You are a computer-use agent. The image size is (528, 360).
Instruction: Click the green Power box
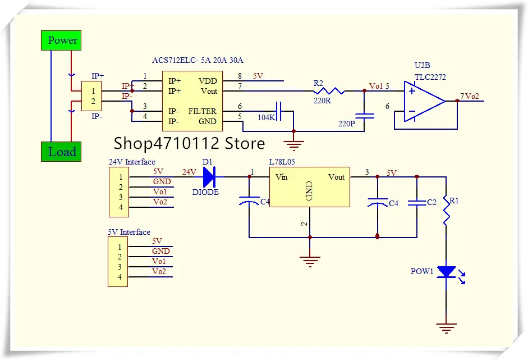click(x=62, y=40)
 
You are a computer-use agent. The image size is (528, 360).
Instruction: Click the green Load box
click(x=62, y=152)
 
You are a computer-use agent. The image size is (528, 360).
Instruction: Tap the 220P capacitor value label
click(x=347, y=123)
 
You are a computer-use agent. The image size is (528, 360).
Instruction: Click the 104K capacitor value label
click(x=267, y=118)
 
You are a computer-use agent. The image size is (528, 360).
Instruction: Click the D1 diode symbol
click(x=209, y=177)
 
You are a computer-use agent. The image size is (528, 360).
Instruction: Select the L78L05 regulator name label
click(x=282, y=162)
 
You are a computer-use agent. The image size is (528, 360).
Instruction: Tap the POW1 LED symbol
click(x=447, y=272)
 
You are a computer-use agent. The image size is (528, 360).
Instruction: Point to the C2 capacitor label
click(x=431, y=202)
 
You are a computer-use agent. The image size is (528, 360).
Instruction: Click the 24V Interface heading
click(x=132, y=162)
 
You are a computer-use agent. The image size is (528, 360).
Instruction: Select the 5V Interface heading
click(x=129, y=232)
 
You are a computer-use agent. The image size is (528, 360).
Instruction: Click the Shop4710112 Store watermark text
click(x=189, y=144)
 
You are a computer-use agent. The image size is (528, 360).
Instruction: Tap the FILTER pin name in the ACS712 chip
click(x=202, y=111)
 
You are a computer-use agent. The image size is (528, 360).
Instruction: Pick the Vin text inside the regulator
click(x=282, y=177)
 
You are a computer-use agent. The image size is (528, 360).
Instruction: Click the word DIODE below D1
click(x=205, y=192)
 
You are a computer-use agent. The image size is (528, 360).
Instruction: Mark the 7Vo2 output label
click(x=470, y=96)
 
